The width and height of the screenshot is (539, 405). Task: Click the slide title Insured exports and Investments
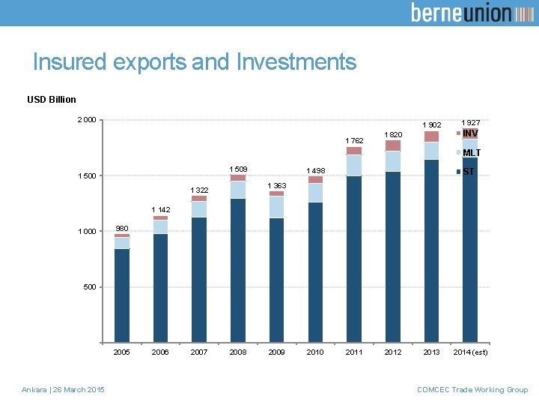click(195, 61)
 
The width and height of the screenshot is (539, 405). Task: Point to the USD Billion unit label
click(51, 99)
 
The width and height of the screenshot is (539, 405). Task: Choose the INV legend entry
click(469, 134)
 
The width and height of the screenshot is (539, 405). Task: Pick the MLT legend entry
click(471, 153)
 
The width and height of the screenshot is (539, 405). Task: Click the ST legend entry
click(469, 172)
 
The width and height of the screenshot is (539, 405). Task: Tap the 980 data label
click(122, 229)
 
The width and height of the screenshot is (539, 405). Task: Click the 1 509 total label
click(238, 169)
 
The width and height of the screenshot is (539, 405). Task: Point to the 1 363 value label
click(277, 185)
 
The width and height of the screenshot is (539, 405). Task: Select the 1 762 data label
click(354, 141)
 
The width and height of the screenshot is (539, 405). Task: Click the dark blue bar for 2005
click(122, 295)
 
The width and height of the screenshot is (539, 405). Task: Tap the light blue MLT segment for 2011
click(354, 166)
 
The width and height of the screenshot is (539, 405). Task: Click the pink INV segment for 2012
click(393, 145)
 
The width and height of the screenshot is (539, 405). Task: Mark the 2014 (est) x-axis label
click(470, 352)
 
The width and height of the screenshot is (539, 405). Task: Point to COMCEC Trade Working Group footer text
click(472, 389)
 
